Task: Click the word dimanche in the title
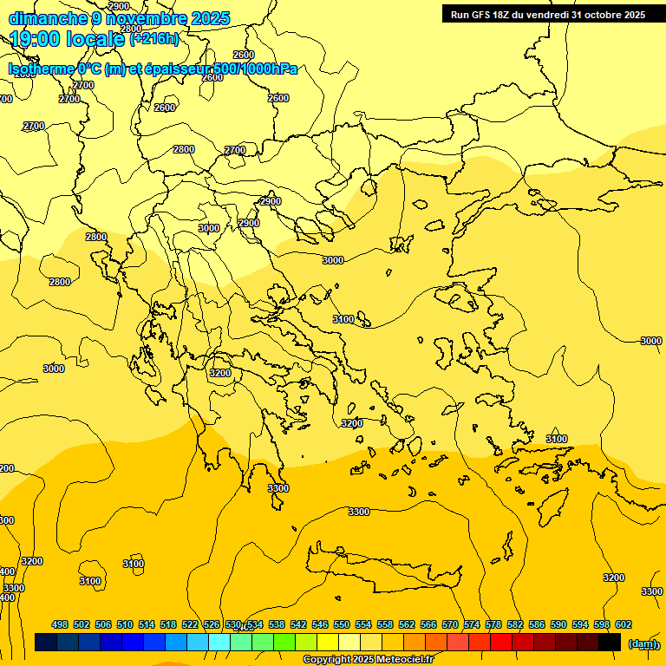coord(48,18)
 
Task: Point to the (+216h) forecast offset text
coord(154,39)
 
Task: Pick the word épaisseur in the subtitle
coord(191,69)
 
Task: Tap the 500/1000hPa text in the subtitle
coord(261,69)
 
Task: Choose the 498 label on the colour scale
coord(60,625)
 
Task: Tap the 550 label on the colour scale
coord(342,625)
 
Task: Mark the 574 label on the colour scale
coord(472,625)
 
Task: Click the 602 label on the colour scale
coord(624,625)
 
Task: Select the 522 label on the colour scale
coord(190,625)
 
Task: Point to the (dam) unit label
coord(643,643)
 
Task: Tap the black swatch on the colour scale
coord(610,643)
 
